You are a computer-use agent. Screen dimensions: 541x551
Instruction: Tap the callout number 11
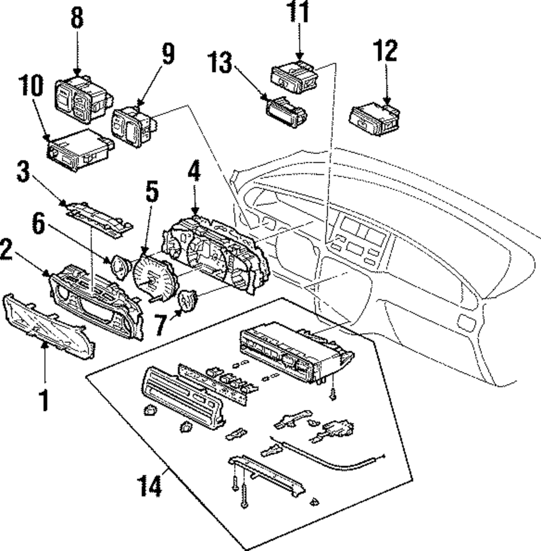pos(299,11)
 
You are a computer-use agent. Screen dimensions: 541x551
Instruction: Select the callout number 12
pos(386,51)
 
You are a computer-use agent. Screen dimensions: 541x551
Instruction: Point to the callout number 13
pos(221,63)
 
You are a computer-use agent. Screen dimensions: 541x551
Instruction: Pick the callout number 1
pos(44,400)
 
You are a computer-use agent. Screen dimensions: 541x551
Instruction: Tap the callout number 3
pos(23,171)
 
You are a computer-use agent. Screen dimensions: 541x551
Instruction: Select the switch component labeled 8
pos(84,99)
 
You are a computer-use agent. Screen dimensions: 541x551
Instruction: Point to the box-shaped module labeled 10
pos(81,150)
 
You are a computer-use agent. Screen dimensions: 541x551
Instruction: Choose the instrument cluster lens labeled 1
pos(49,326)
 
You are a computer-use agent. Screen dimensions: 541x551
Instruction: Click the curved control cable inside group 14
pos(327,455)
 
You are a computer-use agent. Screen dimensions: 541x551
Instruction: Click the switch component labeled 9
pos(134,125)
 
